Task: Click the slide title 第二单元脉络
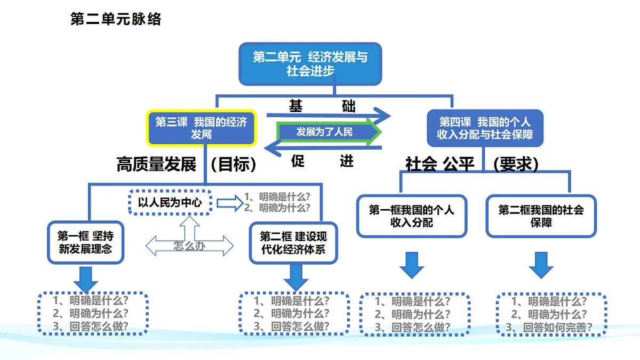(x=116, y=19)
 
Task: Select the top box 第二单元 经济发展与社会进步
(x=310, y=64)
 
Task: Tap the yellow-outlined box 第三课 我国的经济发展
(x=202, y=128)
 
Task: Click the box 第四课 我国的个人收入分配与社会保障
(x=485, y=128)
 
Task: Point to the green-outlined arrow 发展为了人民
(x=329, y=132)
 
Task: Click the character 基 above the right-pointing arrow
(x=295, y=106)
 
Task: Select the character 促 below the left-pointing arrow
(x=298, y=161)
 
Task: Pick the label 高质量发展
(x=157, y=164)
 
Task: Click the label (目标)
(x=234, y=164)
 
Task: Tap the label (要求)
(x=516, y=164)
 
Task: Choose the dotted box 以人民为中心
(x=170, y=202)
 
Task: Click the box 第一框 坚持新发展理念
(x=85, y=242)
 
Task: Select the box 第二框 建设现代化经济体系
(x=293, y=243)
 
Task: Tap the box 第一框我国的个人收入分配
(x=412, y=216)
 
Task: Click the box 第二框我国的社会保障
(x=541, y=216)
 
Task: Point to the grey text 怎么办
(x=189, y=246)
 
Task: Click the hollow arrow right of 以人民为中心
(x=230, y=203)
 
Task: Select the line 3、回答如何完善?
(x=549, y=327)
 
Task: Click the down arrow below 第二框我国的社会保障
(x=541, y=265)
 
